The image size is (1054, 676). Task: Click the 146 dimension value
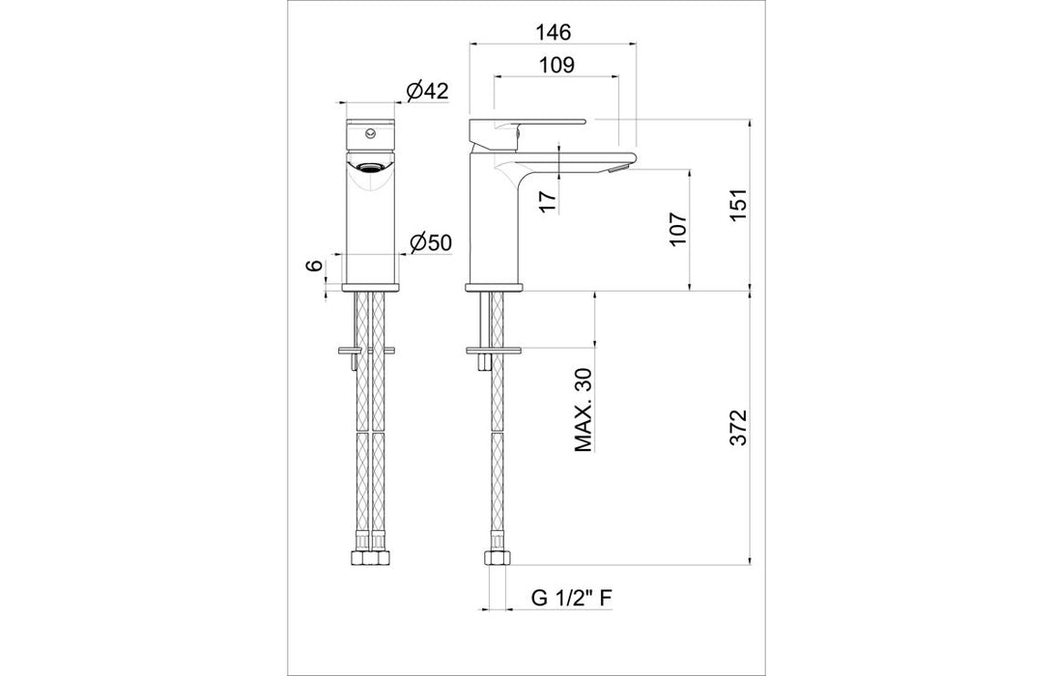coord(554,32)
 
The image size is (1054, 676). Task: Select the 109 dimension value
coord(557,65)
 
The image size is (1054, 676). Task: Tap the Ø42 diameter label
coord(428,91)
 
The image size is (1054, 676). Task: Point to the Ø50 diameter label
coord(430,242)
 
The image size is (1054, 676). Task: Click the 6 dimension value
coord(313,267)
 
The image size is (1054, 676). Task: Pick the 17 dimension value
coord(548,201)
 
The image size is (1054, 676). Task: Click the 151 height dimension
coord(738,206)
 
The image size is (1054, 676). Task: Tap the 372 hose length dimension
coord(738,428)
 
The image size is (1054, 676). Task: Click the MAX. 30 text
coord(584,409)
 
